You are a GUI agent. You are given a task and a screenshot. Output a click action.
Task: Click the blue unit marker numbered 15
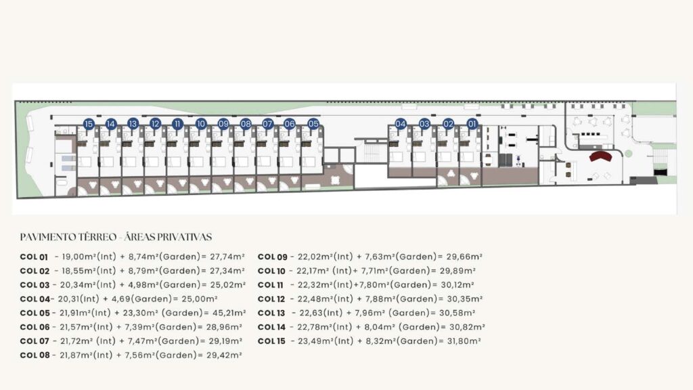point(89,125)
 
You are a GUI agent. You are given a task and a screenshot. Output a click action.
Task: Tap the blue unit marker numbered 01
point(472,124)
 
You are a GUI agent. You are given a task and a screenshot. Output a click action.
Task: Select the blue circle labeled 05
point(313,124)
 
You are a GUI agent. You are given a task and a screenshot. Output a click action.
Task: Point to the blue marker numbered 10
point(200,124)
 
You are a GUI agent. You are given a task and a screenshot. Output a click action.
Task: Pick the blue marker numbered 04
point(401,124)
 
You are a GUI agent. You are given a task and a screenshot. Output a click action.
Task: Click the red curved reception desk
point(600,156)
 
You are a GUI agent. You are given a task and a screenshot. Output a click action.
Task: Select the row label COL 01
point(34,257)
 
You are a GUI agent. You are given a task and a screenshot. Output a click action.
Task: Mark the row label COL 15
point(271,341)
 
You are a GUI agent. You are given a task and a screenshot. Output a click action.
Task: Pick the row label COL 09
point(272,257)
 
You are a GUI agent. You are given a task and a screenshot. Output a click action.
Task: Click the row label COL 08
point(35,355)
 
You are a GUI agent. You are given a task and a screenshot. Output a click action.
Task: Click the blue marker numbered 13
point(133,124)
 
